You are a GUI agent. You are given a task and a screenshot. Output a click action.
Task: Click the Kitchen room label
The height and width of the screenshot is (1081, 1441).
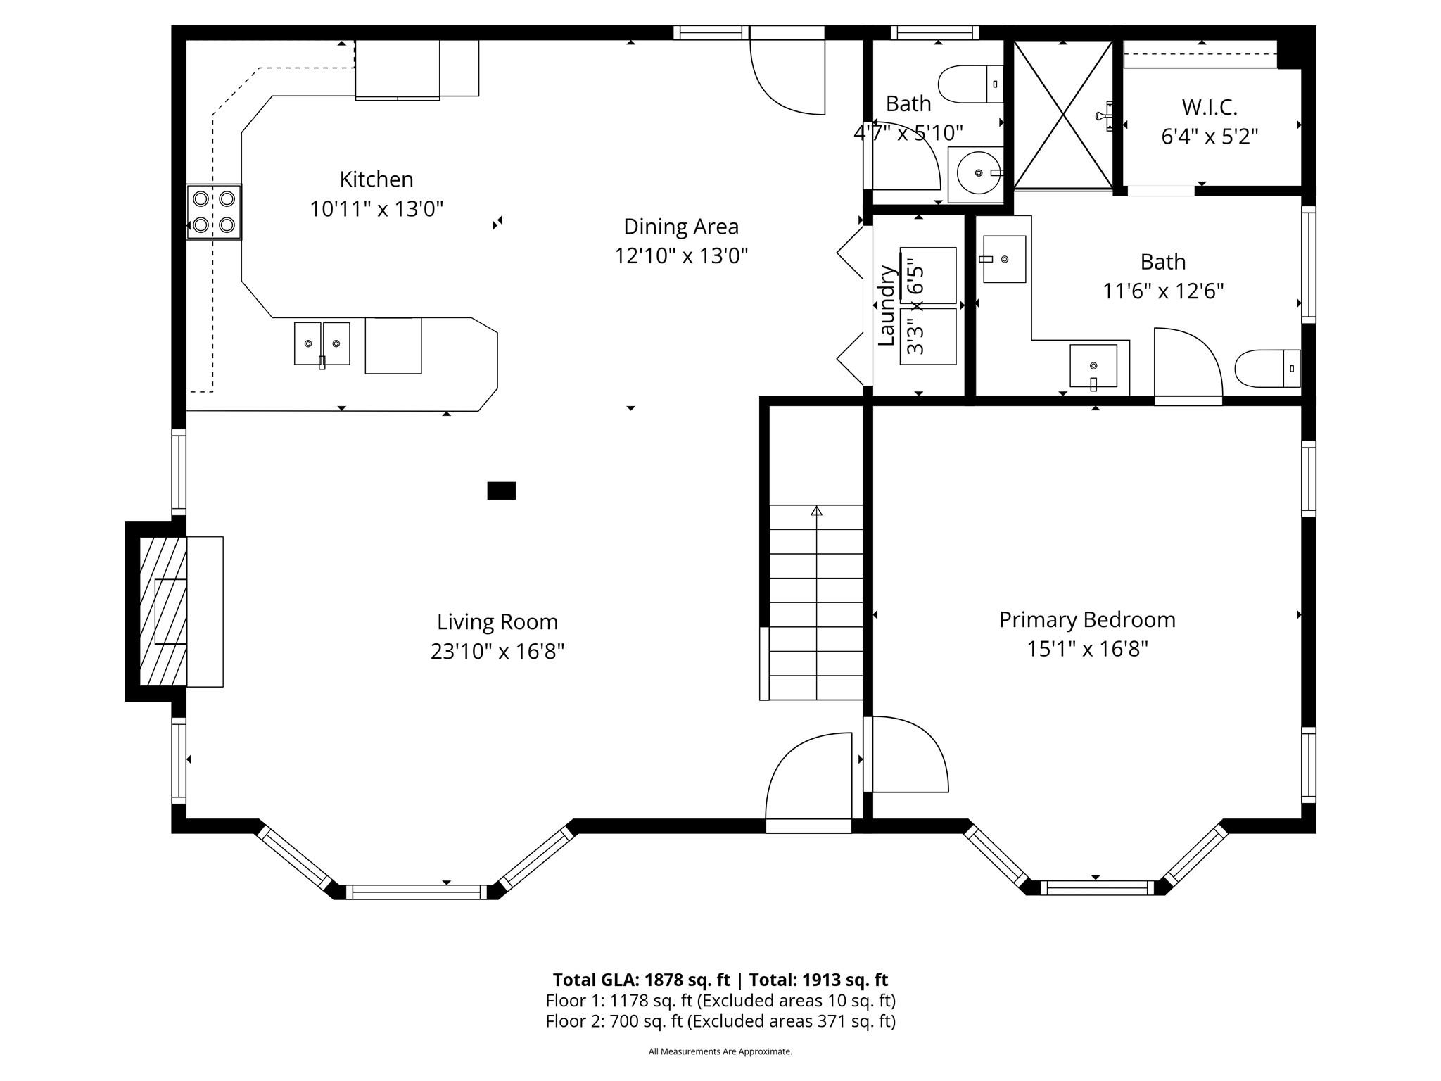click(376, 179)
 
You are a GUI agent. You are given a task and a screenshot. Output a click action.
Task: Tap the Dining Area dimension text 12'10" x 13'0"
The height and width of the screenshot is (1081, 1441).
click(681, 255)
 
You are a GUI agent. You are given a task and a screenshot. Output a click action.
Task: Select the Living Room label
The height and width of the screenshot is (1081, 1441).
click(497, 622)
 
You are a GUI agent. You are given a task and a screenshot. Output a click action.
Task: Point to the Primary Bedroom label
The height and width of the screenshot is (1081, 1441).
click(1087, 620)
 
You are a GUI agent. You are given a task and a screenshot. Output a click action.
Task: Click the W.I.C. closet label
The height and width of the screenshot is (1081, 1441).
click(1210, 108)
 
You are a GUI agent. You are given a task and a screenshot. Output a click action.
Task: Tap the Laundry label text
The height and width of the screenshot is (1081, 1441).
click(887, 305)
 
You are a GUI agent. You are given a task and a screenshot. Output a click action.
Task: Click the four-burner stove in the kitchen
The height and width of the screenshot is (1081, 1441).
click(214, 212)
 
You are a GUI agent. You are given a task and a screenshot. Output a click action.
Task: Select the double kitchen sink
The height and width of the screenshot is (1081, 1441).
click(322, 343)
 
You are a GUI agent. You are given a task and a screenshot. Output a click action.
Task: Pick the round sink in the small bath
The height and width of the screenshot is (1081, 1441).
click(976, 174)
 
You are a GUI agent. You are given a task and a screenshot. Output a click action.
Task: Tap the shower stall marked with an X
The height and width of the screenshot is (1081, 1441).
click(1063, 115)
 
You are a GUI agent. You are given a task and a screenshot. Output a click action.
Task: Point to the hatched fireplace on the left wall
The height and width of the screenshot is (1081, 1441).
click(163, 612)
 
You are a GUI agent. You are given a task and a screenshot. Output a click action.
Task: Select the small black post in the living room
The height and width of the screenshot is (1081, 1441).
click(502, 491)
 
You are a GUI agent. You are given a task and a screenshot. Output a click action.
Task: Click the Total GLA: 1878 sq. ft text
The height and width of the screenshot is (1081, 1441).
click(641, 980)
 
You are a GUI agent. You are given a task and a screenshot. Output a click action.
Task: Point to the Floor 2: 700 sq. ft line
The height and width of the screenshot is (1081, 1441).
click(720, 1021)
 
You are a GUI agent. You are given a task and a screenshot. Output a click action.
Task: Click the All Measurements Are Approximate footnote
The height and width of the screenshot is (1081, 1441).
click(720, 1051)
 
